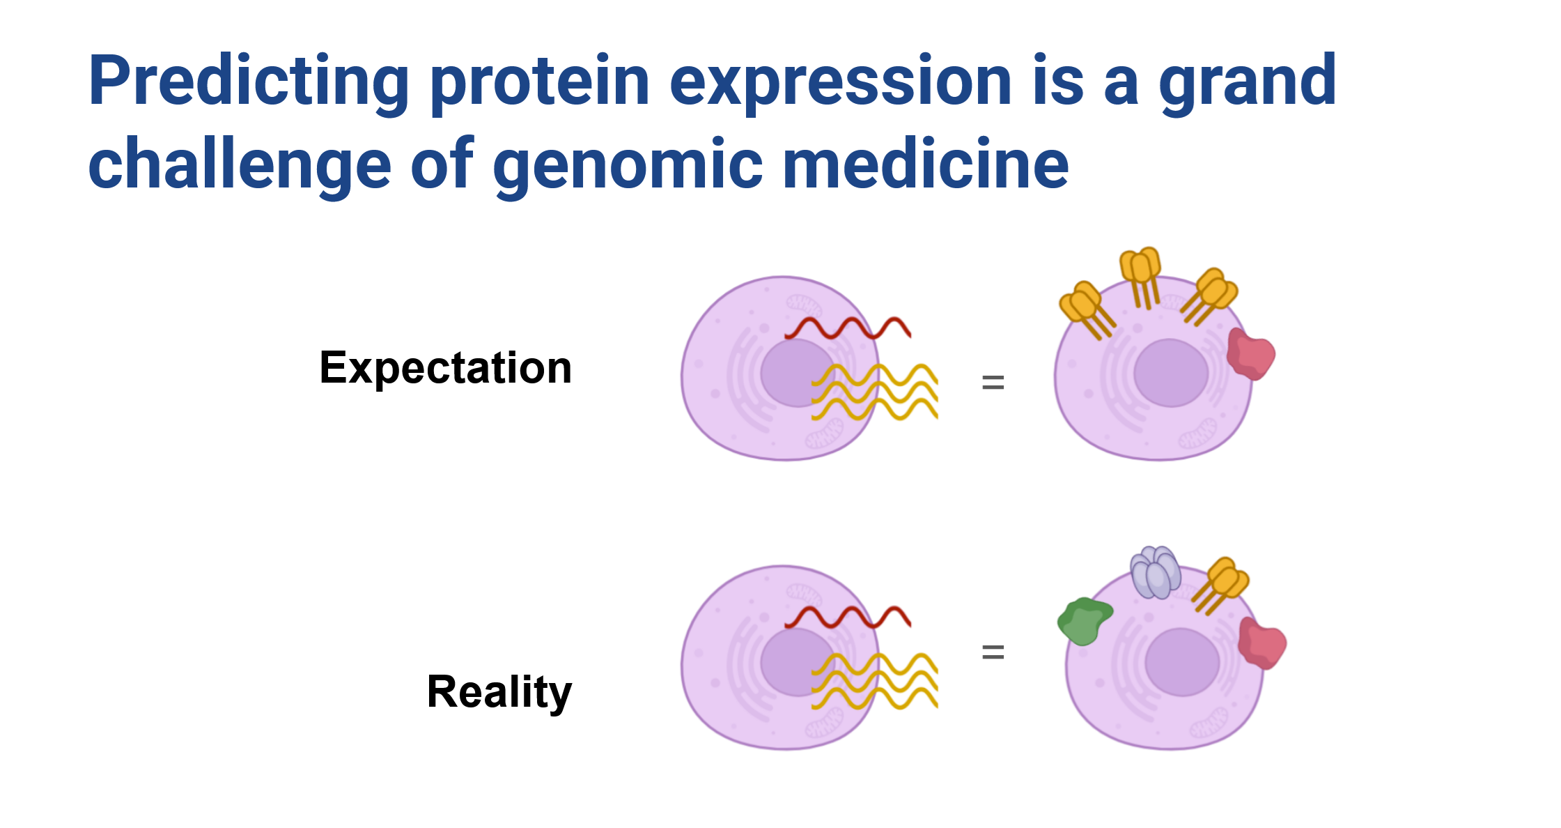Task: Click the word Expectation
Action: pos(446,368)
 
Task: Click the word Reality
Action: pos(499,692)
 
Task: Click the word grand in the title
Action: pos(1248,82)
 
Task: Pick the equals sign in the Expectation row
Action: pos(993,382)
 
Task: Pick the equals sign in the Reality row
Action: pos(993,652)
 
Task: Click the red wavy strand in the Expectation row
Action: pos(848,328)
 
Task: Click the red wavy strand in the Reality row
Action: pos(848,617)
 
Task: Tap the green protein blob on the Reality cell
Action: pos(1084,621)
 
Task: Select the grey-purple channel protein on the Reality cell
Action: pos(1156,572)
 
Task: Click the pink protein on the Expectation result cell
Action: pos(1250,354)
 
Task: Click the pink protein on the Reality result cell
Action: pos(1261,643)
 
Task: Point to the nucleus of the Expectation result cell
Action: pos(1171,373)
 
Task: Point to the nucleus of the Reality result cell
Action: pos(1182,662)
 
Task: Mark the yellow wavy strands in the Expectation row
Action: pos(875,392)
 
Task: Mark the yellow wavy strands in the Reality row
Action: pos(875,681)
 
